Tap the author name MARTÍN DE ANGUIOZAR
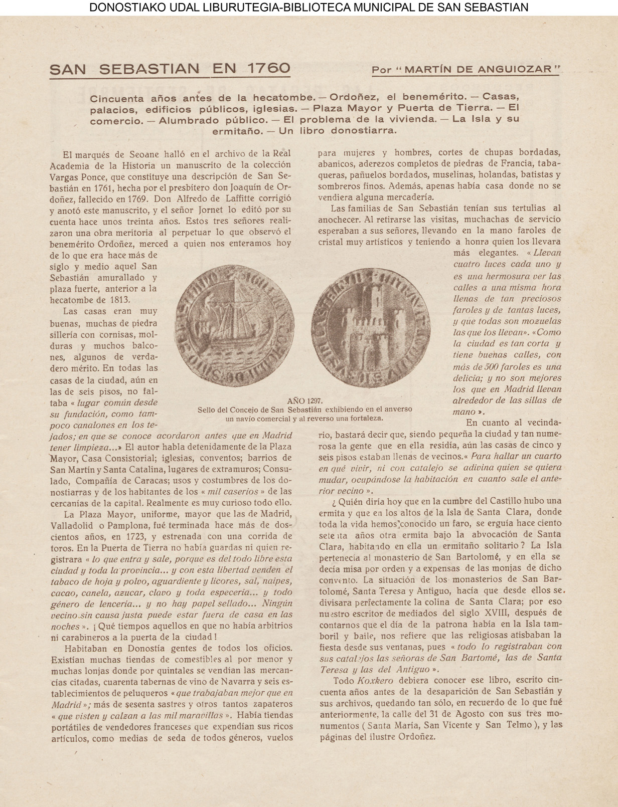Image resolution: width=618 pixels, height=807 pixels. point(482,69)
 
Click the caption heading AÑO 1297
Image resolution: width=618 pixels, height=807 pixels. point(305,400)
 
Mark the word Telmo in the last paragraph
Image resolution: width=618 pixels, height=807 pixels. point(519,725)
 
